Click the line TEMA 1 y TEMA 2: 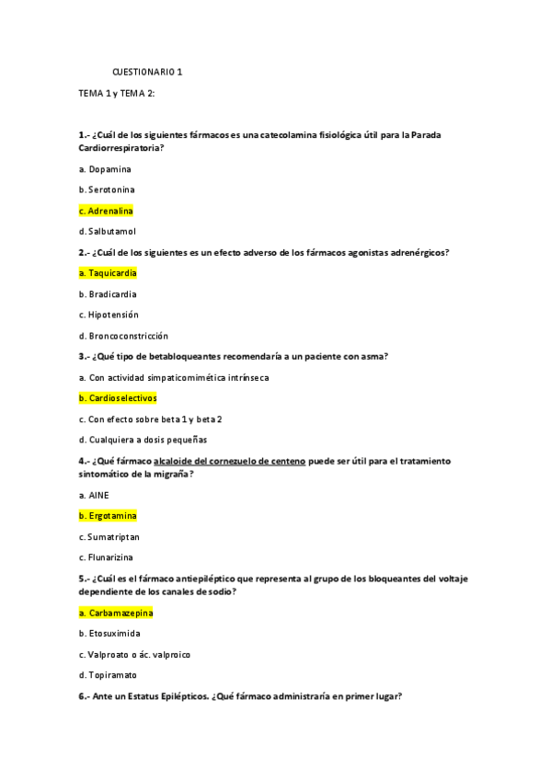pyautogui.click(x=117, y=94)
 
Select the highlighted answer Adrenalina pyautogui.click(x=106, y=211)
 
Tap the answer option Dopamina pyautogui.click(x=105, y=169)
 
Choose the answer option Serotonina pyautogui.click(x=107, y=189)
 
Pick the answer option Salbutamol pyautogui.click(x=107, y=231)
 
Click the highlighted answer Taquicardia pyautogui.click(x=109, y=273)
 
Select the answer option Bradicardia pyautogui.click(x=108, y=294)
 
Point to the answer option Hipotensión pyautogui.click(x=109, y=315)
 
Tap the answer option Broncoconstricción pyautogui.click(x=123, y=336)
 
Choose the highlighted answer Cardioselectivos pyautogui.click(x=118, y=398)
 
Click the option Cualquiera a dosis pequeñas pyautogui.click(x=143, y=440)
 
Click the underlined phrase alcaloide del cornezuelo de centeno pyautogui.click(x=229, y=461)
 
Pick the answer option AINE pyautogui.click(x=94, y=495)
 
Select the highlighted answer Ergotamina pyautogui.click(x=108, y=516)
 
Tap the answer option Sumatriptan pyautogui.click(x=109, y=536)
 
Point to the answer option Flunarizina pyautogui.click(x=109, y=557)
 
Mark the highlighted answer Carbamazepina pyautogui.click(x=116, y=613)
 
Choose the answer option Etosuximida pyautogui.click(x=110, y=634)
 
